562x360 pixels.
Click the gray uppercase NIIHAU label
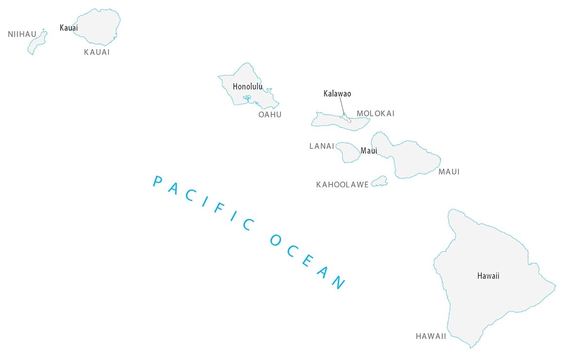[22, 34]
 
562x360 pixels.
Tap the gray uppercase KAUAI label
[97, 52]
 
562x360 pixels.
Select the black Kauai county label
[69, 28]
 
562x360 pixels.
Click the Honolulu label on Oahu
[247, 87]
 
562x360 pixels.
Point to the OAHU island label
[270, 115]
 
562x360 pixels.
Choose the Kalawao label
[337, 93]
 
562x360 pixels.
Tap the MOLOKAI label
[375, 113]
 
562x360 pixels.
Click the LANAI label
[322, 146]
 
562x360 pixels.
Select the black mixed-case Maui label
[369, 151]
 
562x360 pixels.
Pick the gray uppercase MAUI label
[449, 172]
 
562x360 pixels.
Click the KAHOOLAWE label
[342, 185]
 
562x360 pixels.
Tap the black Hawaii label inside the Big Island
[488, 276]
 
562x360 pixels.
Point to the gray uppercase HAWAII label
[431, 336]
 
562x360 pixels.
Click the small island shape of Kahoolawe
[379, 182]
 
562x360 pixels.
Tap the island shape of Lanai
[348, 152]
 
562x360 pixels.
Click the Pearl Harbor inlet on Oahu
[247, 99]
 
